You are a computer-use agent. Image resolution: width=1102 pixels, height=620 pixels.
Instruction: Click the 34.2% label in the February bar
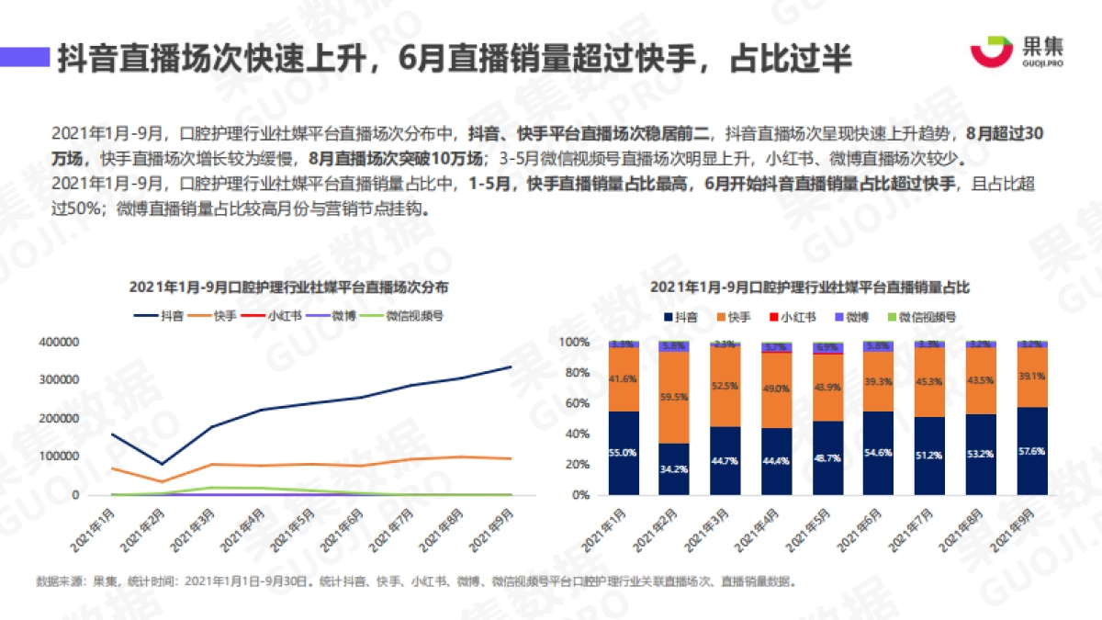[x=675, y=469]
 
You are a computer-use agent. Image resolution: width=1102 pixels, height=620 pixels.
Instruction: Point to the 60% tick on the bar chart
[x=576, y=403]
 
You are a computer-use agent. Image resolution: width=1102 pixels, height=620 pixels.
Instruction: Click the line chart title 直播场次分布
[x=288, y=287]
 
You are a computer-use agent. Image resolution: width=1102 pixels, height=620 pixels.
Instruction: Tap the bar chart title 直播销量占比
[x=809, y=287]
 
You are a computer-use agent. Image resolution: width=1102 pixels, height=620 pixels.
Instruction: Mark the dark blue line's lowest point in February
[x=162, y=464]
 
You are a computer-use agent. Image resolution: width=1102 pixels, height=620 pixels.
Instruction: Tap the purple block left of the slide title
[x=25, y=58]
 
